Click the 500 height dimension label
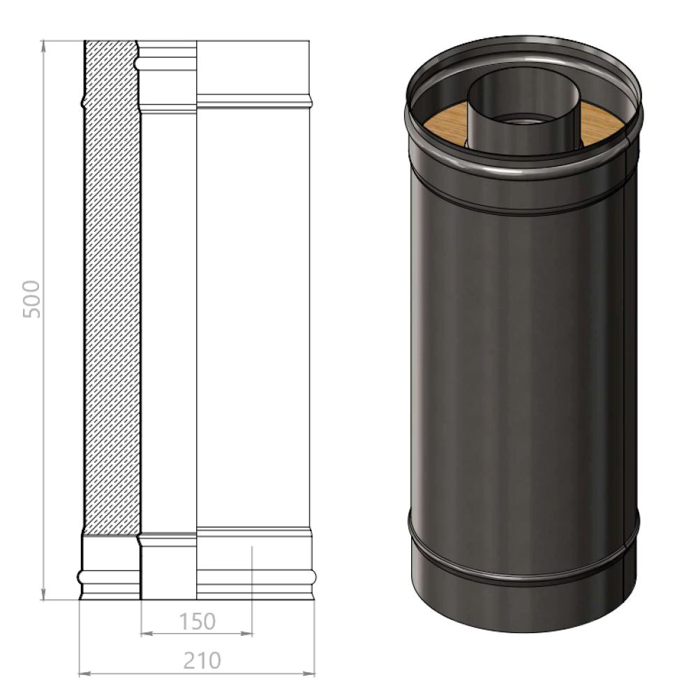pos(31,299)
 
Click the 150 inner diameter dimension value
pos(198,621)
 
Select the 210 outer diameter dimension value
pos(202,660)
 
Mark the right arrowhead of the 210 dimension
pos(309,674)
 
